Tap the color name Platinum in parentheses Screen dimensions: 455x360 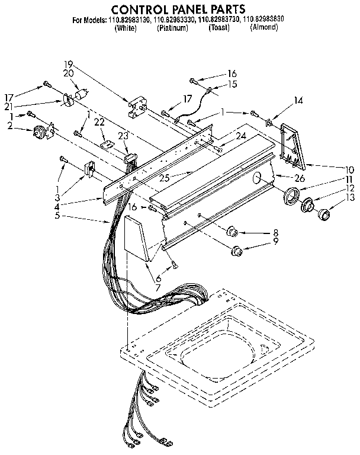pos(172,28)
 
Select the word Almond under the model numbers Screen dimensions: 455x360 pos(263,28)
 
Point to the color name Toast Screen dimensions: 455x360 pos(219,28)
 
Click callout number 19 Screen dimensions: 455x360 pos(69,64)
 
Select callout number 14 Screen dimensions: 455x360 pos(298,101)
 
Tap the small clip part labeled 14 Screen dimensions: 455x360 pos(269,123)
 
